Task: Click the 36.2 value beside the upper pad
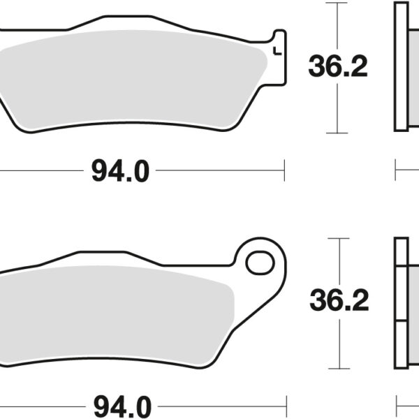click(x=337, y=68)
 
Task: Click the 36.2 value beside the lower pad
click(x=339, y=300)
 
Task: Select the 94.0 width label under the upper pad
click(x=120, y=171)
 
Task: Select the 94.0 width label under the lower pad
click(x=120, y=405)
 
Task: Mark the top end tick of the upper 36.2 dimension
click(x=337, y=3)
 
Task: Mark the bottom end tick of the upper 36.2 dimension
click(x=337, y=133)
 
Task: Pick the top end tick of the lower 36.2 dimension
click(x=339, y=238)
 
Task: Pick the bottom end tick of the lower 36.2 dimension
click(x=339, y=368)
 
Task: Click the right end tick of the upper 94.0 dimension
click(x=284, y=170)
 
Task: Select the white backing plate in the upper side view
click(x=401, y=66)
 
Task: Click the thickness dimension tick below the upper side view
click(x=396, y=170)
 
